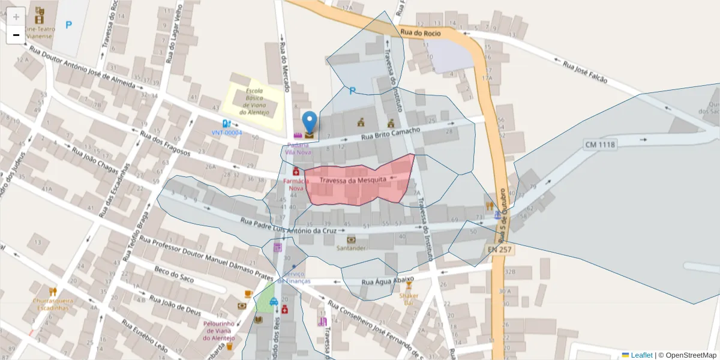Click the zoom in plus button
tap(16, 16)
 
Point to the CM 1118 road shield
tap(600, 145)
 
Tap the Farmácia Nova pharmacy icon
tap(296, 172)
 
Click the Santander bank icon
tap(351, 239)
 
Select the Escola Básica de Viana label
tap(254, 102)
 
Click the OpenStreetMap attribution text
tap(687, 355)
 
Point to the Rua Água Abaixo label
tap(388, 281)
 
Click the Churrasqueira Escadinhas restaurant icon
tap(53, 291)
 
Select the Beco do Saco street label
tap(174, 275)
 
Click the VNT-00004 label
tap(227, 132)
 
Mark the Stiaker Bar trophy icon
tap(409, 286)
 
